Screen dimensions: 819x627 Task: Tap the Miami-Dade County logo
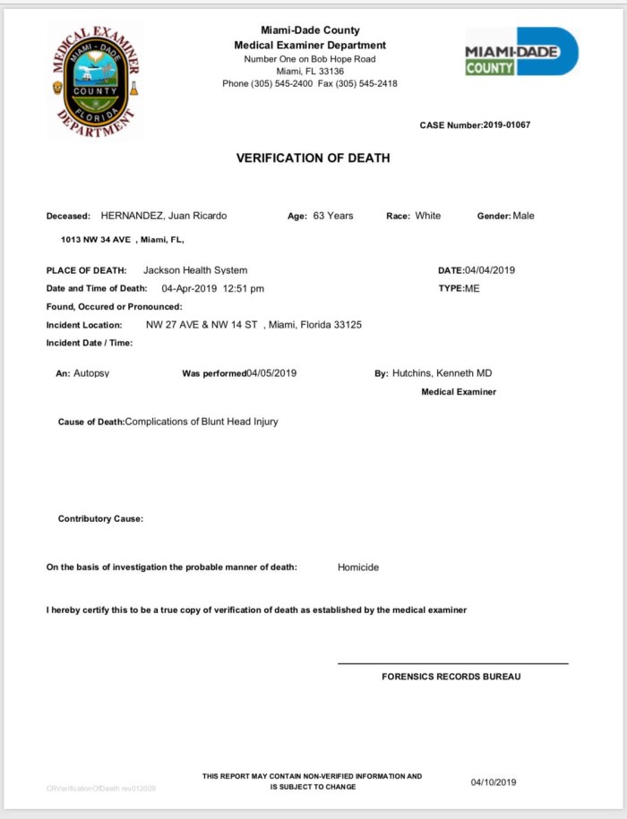[521, 52]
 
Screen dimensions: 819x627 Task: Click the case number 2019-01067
[506, 125]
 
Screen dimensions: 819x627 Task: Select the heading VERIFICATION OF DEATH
[313, 158]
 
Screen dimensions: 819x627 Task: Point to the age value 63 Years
[333, 216]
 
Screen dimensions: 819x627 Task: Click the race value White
[427, 216]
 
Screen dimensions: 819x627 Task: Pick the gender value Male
[523, 216]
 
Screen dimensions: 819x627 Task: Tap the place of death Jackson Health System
[195, 270]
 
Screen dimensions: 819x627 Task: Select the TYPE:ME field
[459, 288]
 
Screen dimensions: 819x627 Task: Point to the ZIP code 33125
[347, 325]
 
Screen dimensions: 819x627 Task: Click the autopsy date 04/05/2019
[271, 373]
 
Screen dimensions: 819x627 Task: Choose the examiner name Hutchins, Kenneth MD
[442, 373]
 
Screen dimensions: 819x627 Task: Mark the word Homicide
[358, 567]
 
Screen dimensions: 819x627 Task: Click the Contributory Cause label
[100, 519]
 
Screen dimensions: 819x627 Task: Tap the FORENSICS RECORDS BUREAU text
[451, 677]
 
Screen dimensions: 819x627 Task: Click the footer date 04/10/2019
[494, 782]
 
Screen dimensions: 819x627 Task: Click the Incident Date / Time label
[90, 343]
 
